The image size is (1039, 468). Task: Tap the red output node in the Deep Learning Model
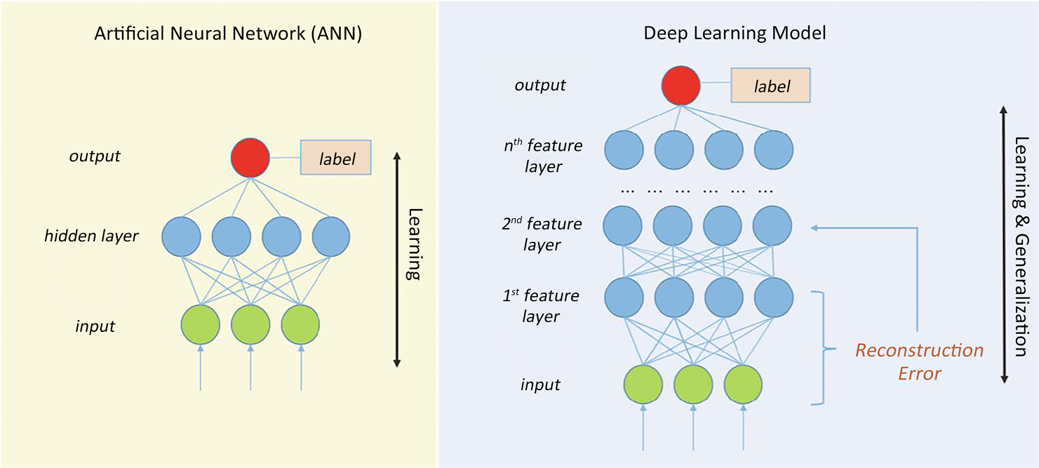pos(681,85)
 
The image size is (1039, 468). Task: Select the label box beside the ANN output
pos(336,157)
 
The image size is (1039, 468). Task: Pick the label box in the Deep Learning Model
pos(771,86)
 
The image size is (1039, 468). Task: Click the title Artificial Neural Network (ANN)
pos(228,34)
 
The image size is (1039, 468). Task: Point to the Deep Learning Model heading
pos(725,34)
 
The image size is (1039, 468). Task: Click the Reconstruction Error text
pos(919,361)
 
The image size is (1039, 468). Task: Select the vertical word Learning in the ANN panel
pos(414,244)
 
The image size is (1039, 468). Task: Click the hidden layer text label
pos(91,236)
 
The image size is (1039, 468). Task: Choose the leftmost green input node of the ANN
pos(201,322)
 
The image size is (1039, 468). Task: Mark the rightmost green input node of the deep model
pos(743,385)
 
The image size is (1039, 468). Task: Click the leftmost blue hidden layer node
pos(182,236)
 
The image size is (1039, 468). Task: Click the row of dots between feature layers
pos(697,190)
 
